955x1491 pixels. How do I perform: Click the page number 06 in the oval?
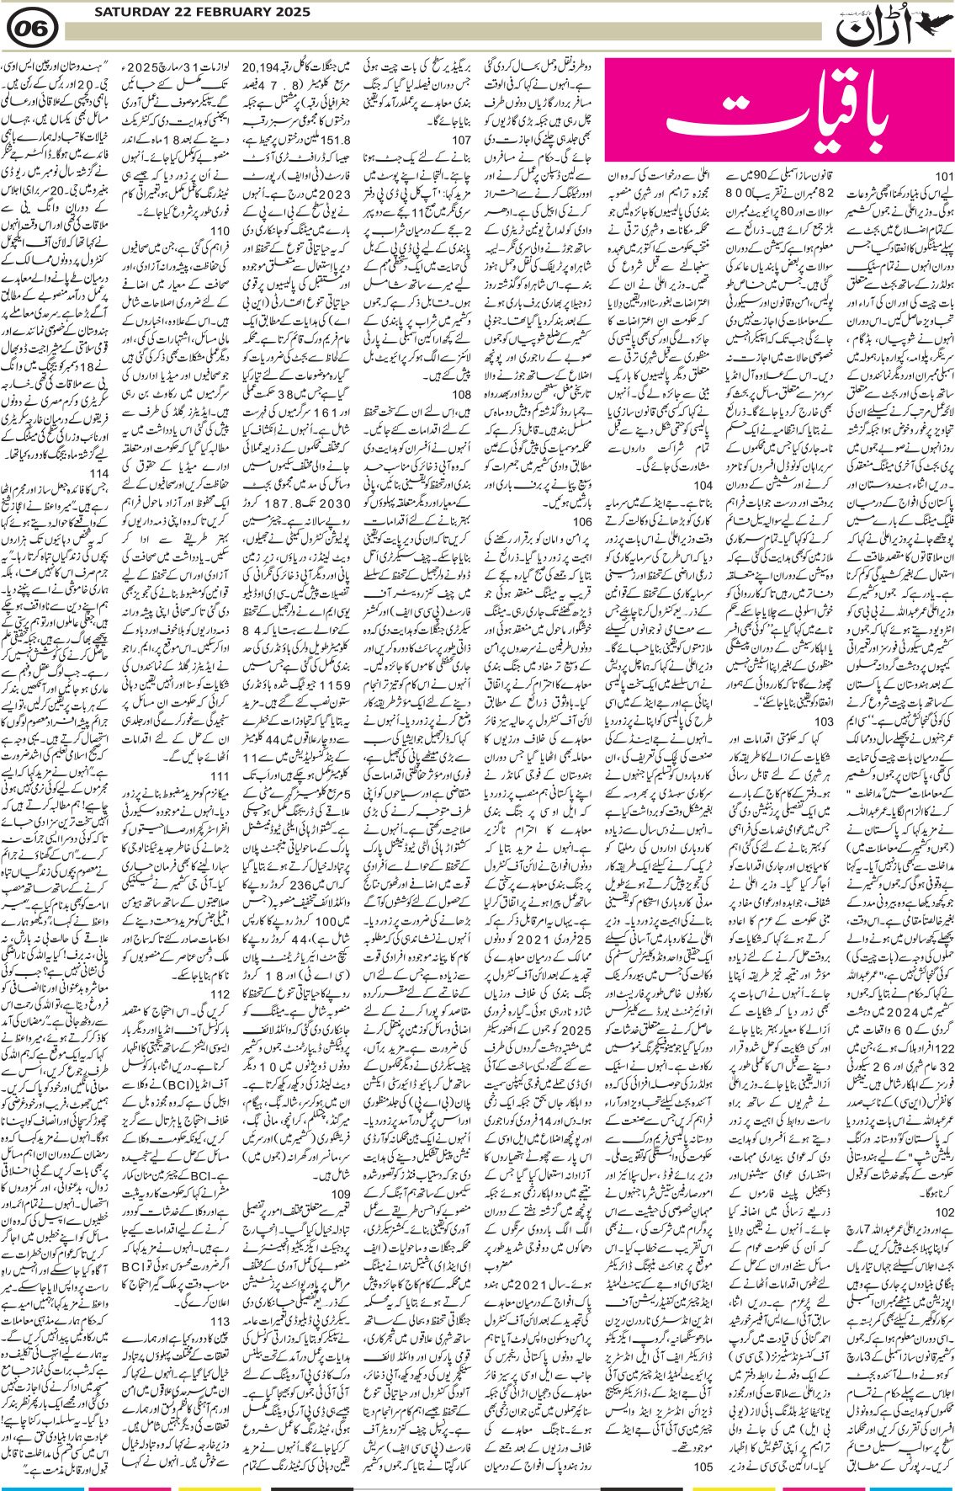(x=32, y=30)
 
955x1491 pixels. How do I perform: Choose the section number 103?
(x=824, y=722)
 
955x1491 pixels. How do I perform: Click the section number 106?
(x=581, y=522)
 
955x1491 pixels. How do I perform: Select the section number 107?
(x=461, y=140)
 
